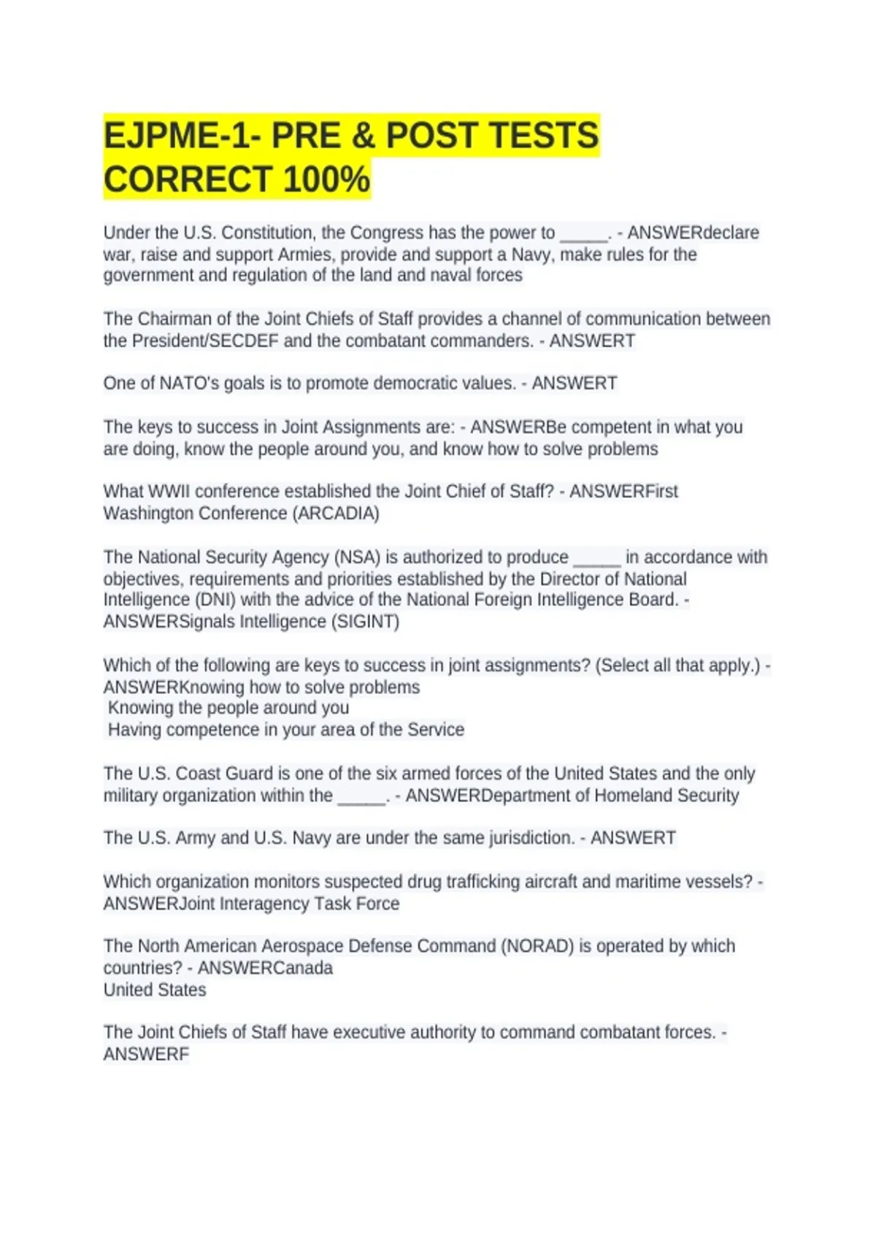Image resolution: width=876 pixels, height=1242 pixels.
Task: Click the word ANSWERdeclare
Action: click(x=693, y=233)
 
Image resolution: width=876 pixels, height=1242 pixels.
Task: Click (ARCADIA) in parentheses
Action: click(x=336, y=514)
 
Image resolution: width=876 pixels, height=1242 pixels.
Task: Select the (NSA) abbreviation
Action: click(x=357, y=557)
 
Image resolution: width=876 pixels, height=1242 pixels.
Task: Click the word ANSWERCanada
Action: click(x=265, y=968)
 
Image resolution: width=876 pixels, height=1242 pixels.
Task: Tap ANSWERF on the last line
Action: click(x=146, y=1054)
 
